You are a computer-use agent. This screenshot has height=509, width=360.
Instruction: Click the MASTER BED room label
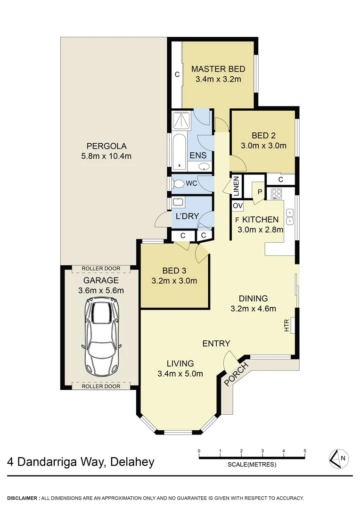click(x=218, y=69)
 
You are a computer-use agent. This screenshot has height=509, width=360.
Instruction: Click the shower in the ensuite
click(x=180, y=121)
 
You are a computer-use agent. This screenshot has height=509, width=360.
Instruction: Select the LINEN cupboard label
click(x=237, y=186)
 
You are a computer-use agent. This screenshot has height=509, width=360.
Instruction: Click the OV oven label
click(x=237, y=206)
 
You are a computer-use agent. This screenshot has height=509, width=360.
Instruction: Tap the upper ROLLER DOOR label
click(x=101, y=269)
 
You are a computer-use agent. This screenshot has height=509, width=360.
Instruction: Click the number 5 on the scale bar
click(x=305, y=451)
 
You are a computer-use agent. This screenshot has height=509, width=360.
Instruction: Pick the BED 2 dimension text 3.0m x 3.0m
click(x=263, y=146)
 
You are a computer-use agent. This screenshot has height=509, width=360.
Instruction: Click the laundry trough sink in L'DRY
click(x=178, y=203)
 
